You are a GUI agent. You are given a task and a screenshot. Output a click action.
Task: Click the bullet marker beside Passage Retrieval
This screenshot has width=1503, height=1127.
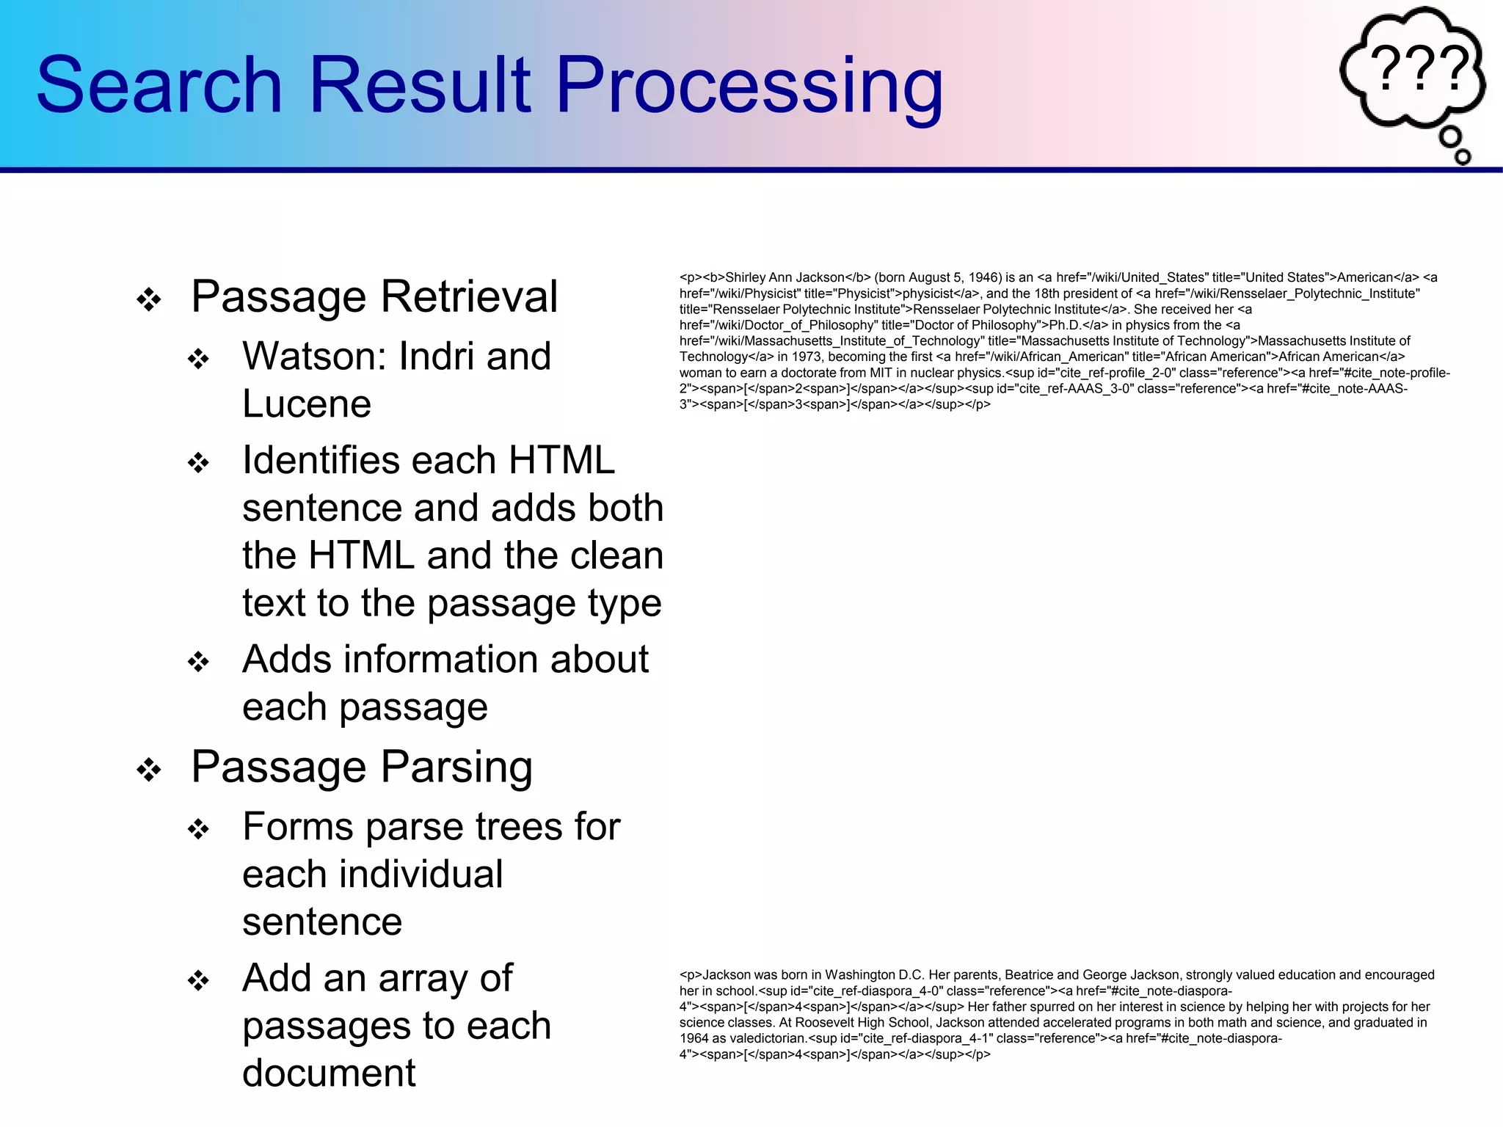tap(149, 299)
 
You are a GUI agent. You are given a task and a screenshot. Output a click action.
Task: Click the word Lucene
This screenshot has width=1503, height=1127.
tap(307, 404)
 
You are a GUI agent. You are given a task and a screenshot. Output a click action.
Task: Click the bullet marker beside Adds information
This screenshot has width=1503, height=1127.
tap(198, 662)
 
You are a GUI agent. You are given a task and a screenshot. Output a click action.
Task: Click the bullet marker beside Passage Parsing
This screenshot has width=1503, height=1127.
tap(149, 770)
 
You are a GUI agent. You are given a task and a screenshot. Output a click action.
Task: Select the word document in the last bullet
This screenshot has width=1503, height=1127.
tap(329, 1073)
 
